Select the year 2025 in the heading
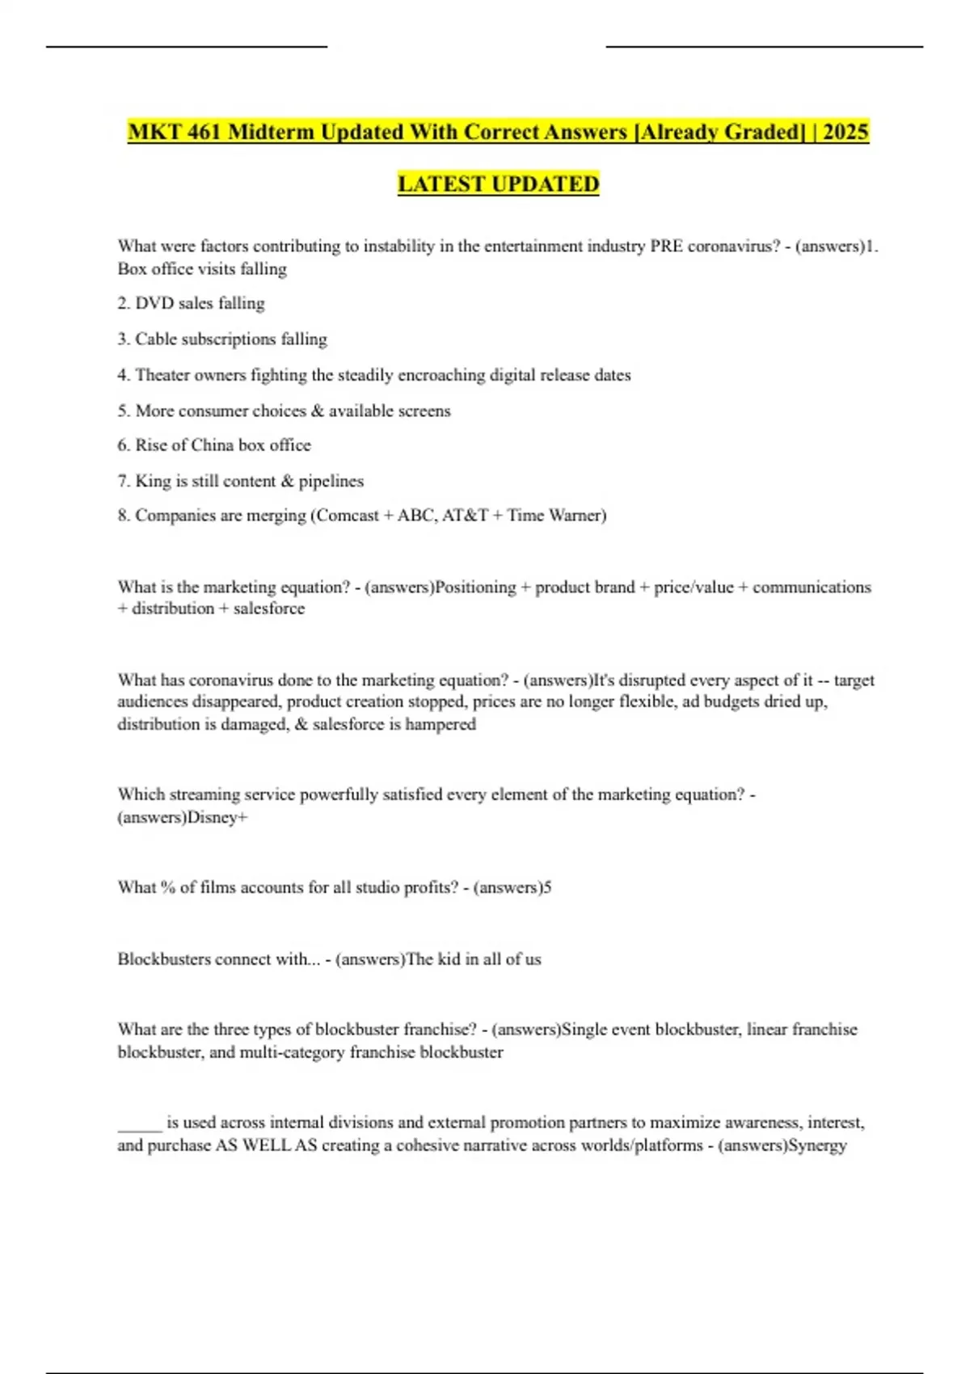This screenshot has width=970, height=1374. (x=846, y=132)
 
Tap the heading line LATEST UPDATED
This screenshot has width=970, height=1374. (x=498, y=184)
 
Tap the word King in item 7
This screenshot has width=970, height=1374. (x=153, y=481)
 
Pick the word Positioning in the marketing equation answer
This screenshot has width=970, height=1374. (x=475, y=588)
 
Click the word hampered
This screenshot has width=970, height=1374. (x=441, y=724)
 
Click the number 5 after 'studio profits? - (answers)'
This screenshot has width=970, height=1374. (x=547, y=887)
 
